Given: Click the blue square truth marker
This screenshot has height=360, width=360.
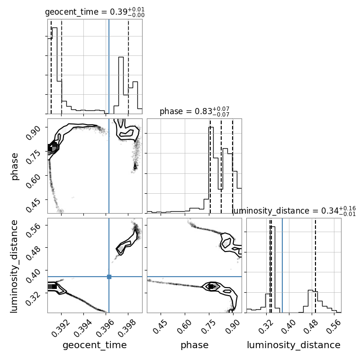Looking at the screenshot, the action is (109, 277).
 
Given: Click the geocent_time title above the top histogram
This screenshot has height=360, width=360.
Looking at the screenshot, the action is (95, 12).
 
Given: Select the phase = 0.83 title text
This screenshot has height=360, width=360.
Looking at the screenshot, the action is (195, 112).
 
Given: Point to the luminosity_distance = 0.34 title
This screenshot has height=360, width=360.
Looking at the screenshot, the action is (294, 211).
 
